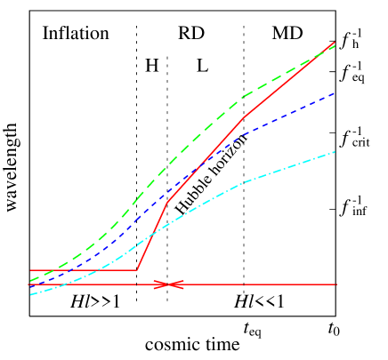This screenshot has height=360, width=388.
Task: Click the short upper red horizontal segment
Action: (85, 269)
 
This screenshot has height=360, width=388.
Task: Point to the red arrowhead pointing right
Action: (163, 284)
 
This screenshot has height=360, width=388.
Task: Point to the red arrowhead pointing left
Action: (174, 284)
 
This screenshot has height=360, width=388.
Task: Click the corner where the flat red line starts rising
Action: (137, 269)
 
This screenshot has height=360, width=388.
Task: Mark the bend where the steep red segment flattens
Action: (168, 203)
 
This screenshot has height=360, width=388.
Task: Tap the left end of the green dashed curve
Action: (30, 281)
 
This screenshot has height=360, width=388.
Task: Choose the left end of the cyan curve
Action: (30, 293)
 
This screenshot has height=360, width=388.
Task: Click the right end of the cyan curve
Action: (335, 152)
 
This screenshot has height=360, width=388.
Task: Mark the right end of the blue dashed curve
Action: (335, 92)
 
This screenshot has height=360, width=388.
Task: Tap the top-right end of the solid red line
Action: (335, 42)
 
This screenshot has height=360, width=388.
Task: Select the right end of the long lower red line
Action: (336, 284)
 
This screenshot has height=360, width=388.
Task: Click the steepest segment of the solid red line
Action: (152, 236)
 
